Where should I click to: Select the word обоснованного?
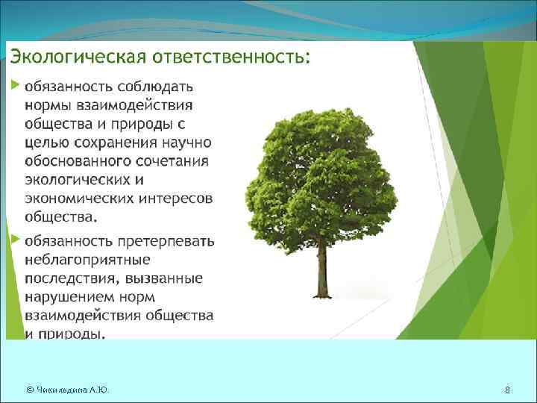(75, 162)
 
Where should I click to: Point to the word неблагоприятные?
(88, 260)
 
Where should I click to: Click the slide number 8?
(507, 390)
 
